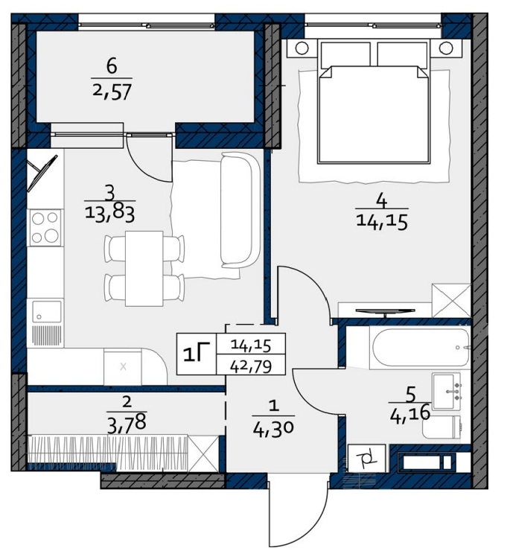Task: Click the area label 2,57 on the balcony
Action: coord(112,92)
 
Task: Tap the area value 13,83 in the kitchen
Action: coord(109,213)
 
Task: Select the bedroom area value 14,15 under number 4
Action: coord(382,222)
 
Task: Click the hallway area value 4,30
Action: coord(273,427)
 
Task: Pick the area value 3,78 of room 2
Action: coord(127,422)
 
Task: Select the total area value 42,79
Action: coord(251,366)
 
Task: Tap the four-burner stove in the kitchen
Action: coord(45,227)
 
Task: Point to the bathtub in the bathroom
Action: coord(421,347)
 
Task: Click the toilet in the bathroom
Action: coord(442,427)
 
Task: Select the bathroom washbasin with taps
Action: coord(446,391)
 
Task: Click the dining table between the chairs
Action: coord(144,269)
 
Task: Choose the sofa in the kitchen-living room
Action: coord(240,209)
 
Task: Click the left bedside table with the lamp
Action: coord(302,48)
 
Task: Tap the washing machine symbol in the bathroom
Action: coord(366,458)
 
